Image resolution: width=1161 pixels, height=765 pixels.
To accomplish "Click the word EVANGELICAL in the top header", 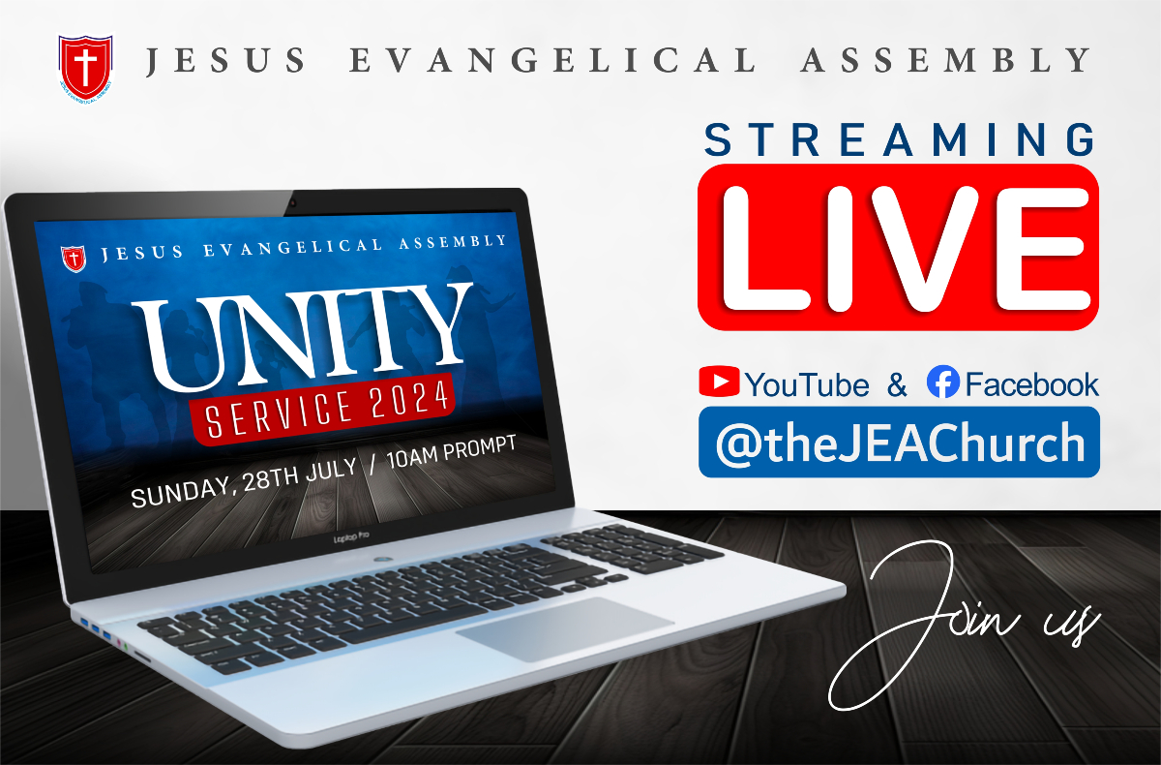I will pyautogui.click(x=552, y=61).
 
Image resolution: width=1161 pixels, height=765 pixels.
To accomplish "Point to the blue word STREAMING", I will pyautogui.click(x=899, y=139).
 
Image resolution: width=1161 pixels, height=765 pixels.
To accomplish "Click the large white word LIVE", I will pyautogui.click(x=898, y=247).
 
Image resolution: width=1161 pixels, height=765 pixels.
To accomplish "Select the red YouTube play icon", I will pyautogui.click(x=719, y=382).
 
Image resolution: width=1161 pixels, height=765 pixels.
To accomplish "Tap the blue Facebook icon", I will pyautogui.click(x=942, y=382).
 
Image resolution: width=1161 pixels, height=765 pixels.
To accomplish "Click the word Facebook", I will pyautogui.click(x=1031, y=384).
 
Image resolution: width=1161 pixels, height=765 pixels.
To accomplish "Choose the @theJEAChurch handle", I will pyautogui.click(x=899, y=444).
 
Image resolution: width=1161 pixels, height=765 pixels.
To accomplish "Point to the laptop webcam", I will pyautogui.click(x=291, y=204).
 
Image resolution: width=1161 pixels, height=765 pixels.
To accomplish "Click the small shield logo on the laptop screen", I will pyautogui.click(x=73, y=260).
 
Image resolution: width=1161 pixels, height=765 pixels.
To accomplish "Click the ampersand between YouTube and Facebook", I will pyautogui.click(x=897, y=384).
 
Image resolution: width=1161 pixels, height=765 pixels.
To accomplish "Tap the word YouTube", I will pyautogui.click(x=807, y=384).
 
